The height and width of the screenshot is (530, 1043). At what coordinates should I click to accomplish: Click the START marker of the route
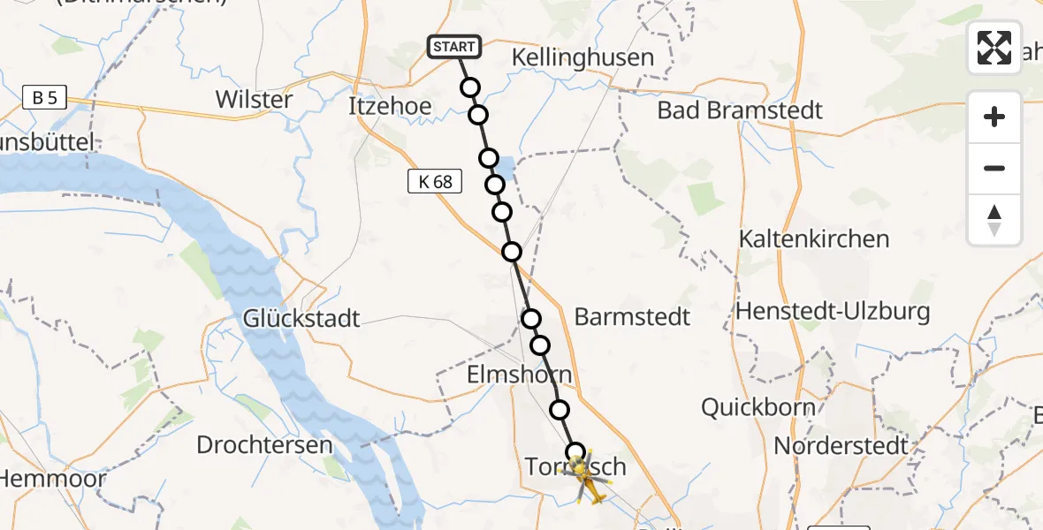[454, 46]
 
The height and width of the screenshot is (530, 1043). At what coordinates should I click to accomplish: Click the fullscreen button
[994, 47]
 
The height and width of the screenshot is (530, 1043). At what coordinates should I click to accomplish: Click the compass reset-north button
[994, 220]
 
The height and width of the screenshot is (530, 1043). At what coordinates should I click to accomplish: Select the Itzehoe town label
[390, 107]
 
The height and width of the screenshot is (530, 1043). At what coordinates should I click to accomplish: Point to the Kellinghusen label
[583, 58]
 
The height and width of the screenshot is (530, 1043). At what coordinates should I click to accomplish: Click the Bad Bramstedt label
[740, 110]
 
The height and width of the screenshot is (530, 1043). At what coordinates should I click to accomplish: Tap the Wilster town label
[254, 99]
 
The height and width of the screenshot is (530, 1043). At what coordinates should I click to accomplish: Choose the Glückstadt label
[302, 318]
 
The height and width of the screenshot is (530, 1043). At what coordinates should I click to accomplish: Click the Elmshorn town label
[520, 375]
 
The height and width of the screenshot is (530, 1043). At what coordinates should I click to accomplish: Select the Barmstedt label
[632, 317]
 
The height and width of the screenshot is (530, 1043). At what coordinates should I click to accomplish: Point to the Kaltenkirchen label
[813, 239]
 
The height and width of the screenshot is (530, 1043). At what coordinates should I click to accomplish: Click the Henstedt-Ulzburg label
[833, 311]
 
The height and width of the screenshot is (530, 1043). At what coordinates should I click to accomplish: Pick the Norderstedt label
[841, 445]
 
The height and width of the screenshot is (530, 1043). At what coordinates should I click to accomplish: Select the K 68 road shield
[434, 182]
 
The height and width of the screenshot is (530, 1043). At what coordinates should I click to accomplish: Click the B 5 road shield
[44, 97]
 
